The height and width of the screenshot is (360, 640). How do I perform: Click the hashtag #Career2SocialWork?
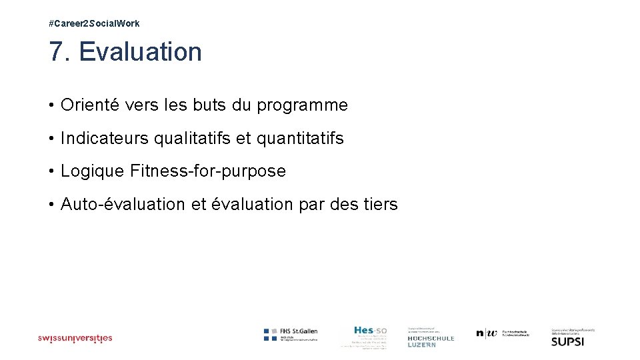click(x=94, y=23)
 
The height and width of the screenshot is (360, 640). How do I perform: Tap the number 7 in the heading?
click(x=55, y=52)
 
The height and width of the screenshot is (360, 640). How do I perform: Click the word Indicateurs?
click(x=105, y=139)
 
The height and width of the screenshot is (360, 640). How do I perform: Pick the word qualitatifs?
click(x=193, y=139)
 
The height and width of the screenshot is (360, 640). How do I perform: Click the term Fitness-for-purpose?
click(x=208, y=171)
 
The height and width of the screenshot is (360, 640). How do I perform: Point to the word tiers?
click(x=379, y=204)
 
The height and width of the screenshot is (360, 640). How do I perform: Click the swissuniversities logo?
click(x=75, y=338)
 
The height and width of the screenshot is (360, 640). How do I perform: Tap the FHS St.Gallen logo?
click(x=291, y=335)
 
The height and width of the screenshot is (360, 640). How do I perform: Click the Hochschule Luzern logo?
click(x=430, y=337)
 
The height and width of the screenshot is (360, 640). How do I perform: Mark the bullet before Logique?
click(x=51, y=171)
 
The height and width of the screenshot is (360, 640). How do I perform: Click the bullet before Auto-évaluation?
click(x=51, y=204)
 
